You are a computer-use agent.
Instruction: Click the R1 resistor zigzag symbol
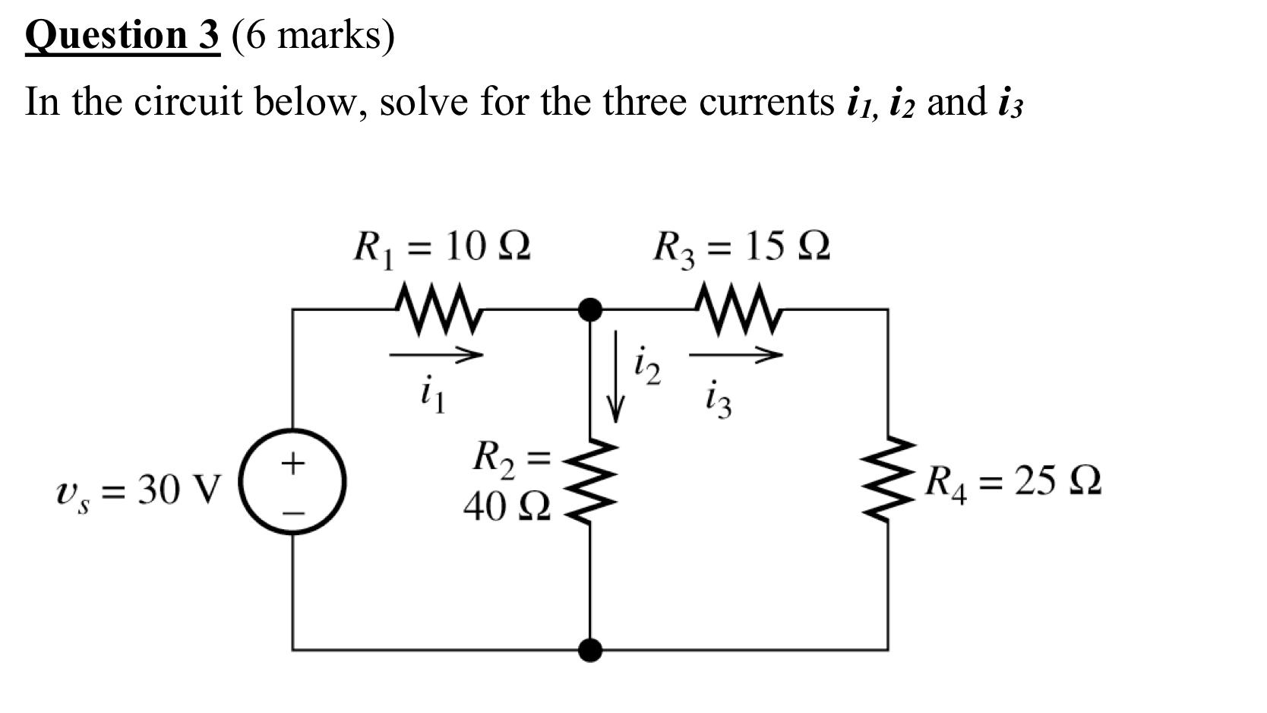pyautogui.click(x=438, y=309)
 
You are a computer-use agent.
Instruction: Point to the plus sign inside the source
pyautogui.click(x=293, y=461)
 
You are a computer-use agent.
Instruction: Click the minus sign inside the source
pyautogui.click(x=293, y=512)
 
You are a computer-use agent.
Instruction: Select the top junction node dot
pyautogui.click(x=590, y=309)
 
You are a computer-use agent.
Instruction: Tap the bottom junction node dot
pyautogui.click(x=590, y=650)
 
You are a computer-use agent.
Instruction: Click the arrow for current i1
pyautogui.click(x=436, y=354)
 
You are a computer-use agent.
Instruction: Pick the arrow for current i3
pyautogui.click(x=735, y=354)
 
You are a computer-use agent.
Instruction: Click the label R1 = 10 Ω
pyautogui.click(x=441, y=247)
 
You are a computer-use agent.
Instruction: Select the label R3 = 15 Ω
pyautogui.click(x=741, y=247)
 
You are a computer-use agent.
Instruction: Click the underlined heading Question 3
pyautogui.click(x=122, y=35)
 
